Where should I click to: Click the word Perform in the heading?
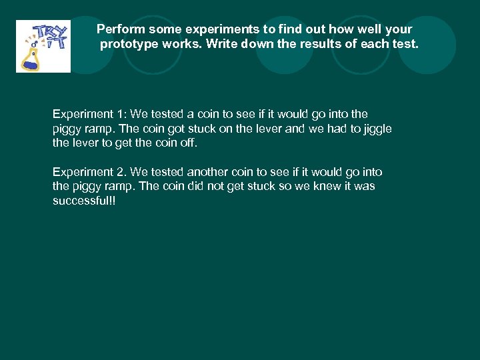[x=121, y=29]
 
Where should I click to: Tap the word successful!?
[x=84, y=201]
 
